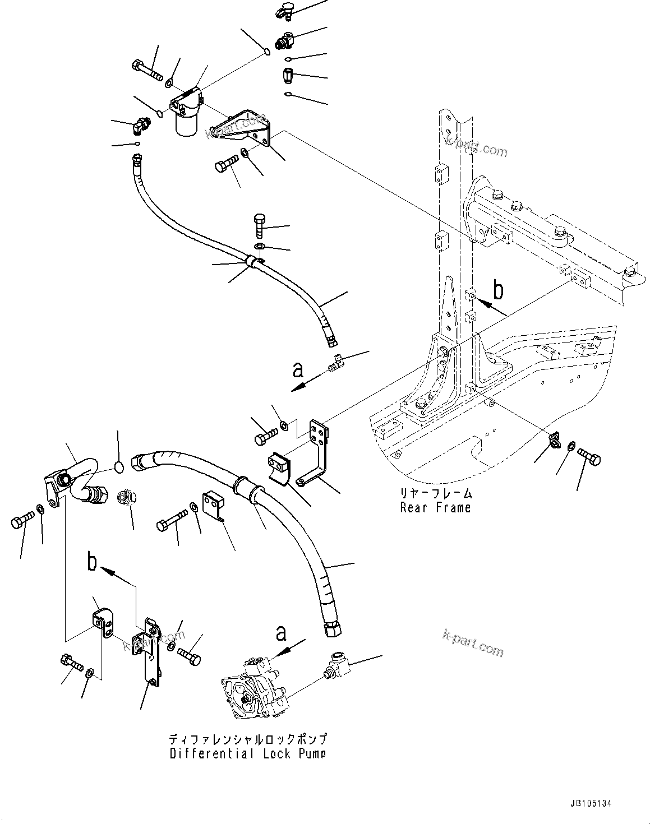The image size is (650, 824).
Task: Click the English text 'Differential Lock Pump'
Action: pos(247,754)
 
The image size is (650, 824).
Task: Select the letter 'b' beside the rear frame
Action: pos(497,291)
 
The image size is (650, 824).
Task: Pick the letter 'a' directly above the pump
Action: pos(281,633)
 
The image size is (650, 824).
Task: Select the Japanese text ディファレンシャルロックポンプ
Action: pos(247,739)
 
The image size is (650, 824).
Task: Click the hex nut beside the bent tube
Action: pos(125,497)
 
